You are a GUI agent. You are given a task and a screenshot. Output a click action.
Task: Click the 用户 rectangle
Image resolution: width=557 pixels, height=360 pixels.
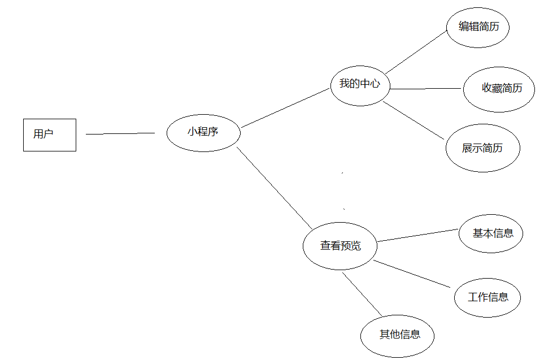(x=49, y=135)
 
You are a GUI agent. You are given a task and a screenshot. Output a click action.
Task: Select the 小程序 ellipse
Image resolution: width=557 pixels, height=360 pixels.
(x=203, y=133)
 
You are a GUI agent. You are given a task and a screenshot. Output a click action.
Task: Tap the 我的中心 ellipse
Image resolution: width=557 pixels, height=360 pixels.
(x=360, y=85)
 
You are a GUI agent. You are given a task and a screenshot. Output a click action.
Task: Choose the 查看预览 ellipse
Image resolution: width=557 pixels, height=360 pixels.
(x=340, y=246)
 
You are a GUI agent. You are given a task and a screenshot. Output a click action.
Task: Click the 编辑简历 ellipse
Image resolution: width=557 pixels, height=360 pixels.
(x=478, y=27)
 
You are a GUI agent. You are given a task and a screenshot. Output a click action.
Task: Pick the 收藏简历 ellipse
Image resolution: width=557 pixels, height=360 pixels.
(x=499, y=89)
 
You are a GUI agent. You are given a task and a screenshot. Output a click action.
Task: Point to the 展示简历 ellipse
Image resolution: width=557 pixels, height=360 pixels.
(x=482, y=148)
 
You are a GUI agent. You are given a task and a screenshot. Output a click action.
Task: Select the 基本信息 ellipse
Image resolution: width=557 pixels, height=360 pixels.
(x=490, y=233)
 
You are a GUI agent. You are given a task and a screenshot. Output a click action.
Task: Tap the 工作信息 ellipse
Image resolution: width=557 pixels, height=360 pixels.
(x=487, y=297)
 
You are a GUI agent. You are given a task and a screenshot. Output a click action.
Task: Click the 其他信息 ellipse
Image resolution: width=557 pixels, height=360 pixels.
(x=398, y=335)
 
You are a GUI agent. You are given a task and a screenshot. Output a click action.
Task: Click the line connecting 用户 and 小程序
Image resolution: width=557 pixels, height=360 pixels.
(x=120, y=134)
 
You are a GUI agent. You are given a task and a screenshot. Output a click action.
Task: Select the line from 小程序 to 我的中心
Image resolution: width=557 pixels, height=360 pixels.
(x=285, y=107)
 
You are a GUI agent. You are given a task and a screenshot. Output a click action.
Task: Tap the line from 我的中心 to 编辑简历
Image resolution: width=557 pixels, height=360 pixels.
(x=416, y=52)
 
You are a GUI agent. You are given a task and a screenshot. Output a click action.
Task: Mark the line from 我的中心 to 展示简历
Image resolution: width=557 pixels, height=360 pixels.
(x=414, y=120)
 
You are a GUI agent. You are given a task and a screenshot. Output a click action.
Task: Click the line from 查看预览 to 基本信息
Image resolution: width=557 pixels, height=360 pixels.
(x=416, y=235)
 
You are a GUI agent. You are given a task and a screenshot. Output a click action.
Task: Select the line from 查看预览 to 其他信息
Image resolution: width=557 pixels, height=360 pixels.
(x=362, y=294)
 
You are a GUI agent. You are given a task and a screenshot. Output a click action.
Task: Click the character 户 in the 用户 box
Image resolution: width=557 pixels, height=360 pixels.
(x=48, y=134)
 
